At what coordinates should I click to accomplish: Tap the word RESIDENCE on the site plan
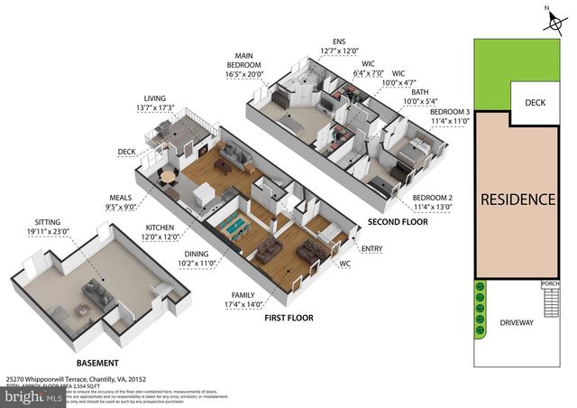coord(517,199)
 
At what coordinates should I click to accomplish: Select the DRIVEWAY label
coord(517,322)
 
